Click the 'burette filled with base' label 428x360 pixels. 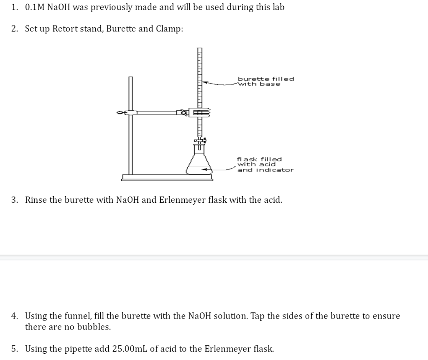[x=265, y=81]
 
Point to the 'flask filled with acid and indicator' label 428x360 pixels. [x=265, y=164]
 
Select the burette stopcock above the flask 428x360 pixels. [x=200, y=142]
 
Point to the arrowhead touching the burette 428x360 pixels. [x=205, y=83]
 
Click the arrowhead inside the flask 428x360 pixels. [x=204, y=169]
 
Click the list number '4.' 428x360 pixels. [x=15, y=316]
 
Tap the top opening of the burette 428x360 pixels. [x=200, y=49]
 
